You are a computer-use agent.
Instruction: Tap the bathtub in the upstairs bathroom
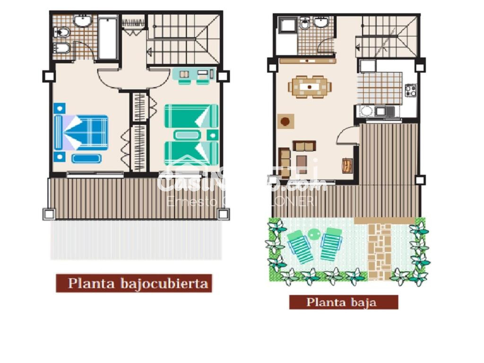[x=108, y=38]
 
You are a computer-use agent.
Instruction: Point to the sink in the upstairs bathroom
[x=82, y=21]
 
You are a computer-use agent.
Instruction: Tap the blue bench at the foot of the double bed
[x=86, y=158]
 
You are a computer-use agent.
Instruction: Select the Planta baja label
[x=344, y=302]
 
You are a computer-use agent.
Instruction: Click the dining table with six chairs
[x=310, y=87]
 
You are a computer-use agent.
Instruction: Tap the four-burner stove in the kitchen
[x=411, y=90]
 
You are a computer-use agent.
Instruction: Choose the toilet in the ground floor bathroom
[x=305, y=23]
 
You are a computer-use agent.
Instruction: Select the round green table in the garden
[x=314, y=233]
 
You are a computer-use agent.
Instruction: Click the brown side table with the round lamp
[x=285, y=121]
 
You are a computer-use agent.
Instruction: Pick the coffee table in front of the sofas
[x=304, y=146]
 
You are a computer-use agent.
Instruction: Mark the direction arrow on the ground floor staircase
[x=359, y=47]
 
